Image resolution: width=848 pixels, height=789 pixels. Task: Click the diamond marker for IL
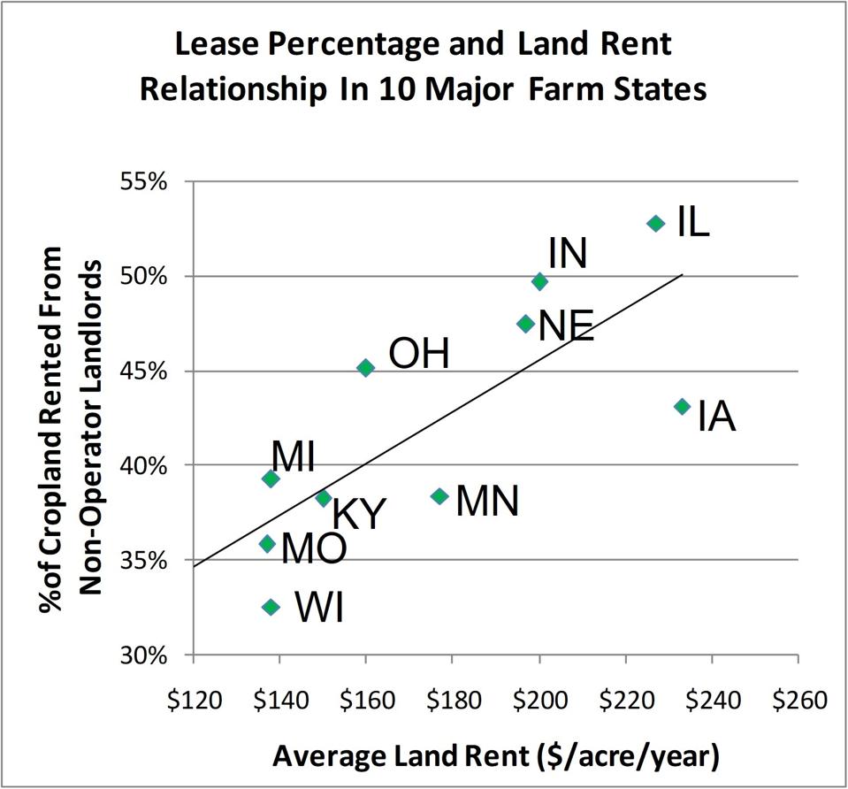point(655,224)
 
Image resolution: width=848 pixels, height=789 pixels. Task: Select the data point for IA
point(682,407)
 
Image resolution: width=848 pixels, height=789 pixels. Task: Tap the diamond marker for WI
point(271,607)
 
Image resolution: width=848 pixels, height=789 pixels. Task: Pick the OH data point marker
point(365,368)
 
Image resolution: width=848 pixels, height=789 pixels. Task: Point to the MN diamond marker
point(439,496)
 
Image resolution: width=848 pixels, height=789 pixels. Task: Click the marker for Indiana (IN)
point(539,281)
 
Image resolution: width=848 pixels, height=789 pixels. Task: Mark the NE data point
point(525,324)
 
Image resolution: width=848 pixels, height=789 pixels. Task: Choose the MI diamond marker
point(271,479)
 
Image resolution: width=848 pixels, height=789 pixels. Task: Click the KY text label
point(359,514)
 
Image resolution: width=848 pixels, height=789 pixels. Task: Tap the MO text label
point(313,548)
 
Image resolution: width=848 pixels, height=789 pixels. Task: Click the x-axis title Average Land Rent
point(495,756)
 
